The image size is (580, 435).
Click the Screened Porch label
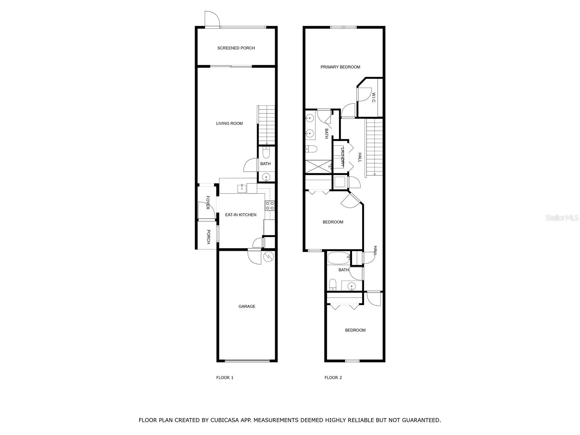tap(236, 48)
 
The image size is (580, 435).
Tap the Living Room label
tap(229, 123)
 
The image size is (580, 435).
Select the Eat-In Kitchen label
tap(240, 215)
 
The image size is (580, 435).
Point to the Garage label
tap(246, 306)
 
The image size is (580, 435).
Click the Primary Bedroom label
tap(340, 67)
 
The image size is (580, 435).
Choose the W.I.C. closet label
tap(374, 98)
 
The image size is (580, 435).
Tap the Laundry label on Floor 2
tap(343, 157)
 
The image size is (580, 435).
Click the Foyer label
tap(208, 203)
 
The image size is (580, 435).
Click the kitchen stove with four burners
tap(270, 206)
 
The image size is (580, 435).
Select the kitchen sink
tap(242, 188)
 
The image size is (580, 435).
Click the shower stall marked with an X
tap(318, 166)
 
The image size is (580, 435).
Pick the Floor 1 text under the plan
tap(225, 378)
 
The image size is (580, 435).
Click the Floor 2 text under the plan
tap(333, 378)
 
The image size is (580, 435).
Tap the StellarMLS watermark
tap(562, 217)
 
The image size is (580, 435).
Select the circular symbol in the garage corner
tap(268, 256)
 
